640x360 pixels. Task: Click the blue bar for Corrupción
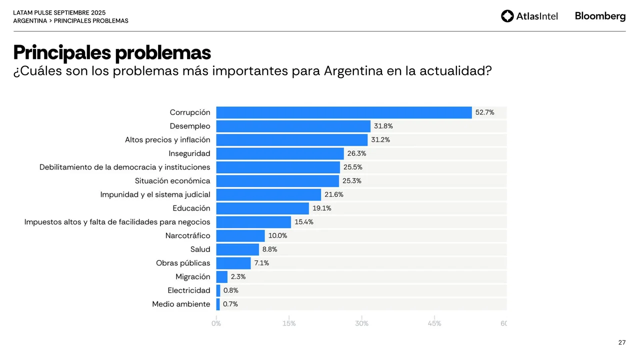click(x=344, y=112)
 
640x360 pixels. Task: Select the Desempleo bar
click(x=293, y=126)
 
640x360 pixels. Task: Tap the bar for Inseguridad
click(x=280, y=153)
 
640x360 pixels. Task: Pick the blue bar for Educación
click(x=262, y=208)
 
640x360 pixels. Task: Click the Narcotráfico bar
click(x=240, y=235)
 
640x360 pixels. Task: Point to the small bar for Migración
click(x=222, y=276)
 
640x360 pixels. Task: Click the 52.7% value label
click(x=484, y=112)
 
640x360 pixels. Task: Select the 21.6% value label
click(x=333, y=194)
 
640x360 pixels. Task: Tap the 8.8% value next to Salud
click(x=269, y=249)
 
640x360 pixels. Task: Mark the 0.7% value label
click(x=230, y=304)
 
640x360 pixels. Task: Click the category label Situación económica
click(x=172, y=181)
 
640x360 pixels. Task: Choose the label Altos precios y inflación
click(x=167, y=140)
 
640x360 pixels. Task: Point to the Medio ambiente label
click(x=181, y=304)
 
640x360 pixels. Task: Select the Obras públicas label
click(x=183, y=263)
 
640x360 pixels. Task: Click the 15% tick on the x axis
click(x=289, y=323)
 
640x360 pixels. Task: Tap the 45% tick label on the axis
click(x=434, y=323)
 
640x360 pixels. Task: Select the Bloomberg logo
click(x=600, y=16)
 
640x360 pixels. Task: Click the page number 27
click(x=622, y=342)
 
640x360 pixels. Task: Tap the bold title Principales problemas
click(x=112, y=52)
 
